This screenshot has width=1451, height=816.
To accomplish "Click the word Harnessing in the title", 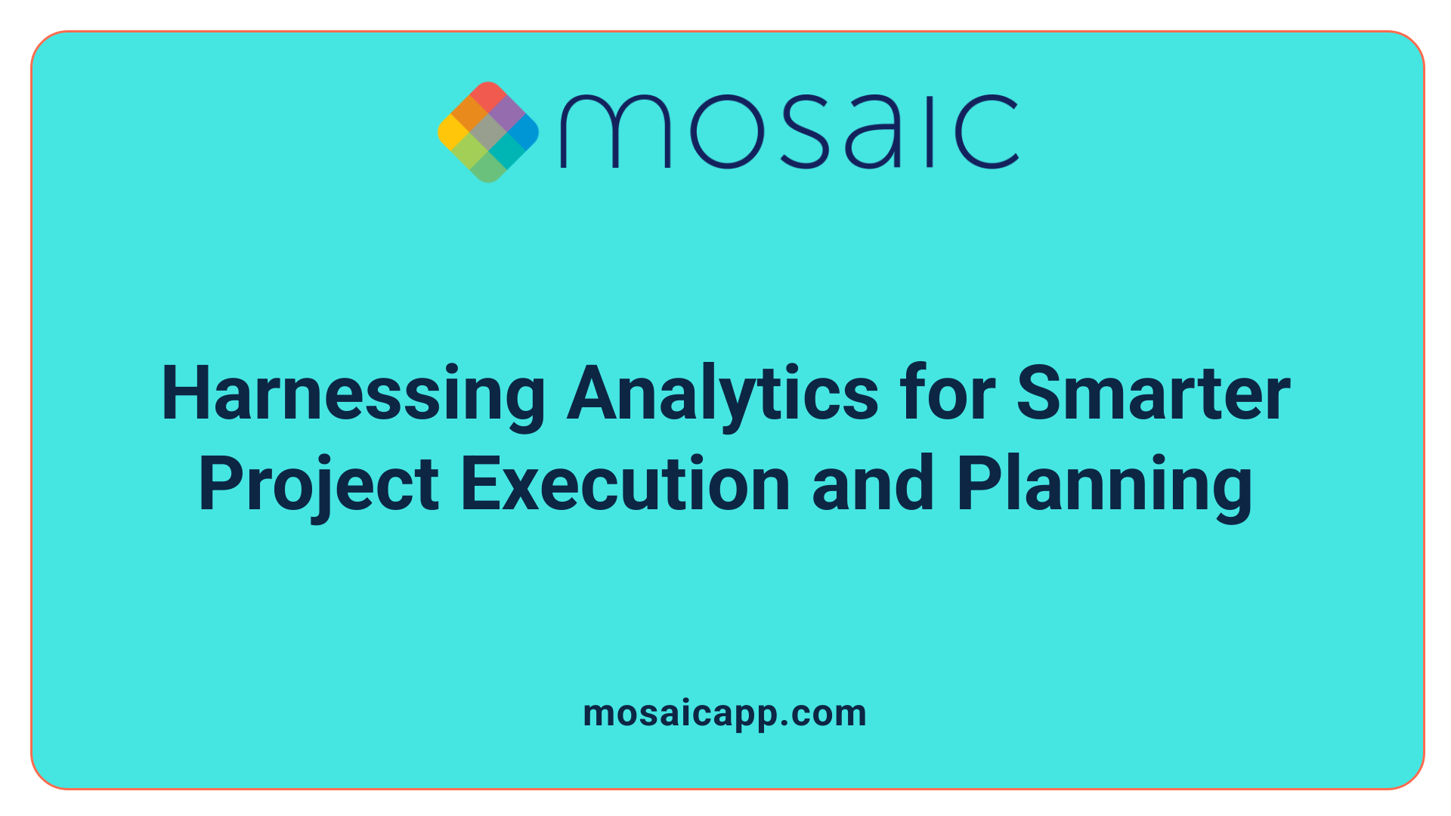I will coord(353,394).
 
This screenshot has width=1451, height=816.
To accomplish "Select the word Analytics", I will coord(722,394).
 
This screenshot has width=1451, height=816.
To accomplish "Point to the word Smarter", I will coord(1153,394).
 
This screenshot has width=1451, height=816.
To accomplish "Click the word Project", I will coord(318,485).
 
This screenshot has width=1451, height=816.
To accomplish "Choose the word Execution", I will coord(625,485).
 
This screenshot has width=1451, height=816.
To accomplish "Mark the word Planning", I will coord(1104,485).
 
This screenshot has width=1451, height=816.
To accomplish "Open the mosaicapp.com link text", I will coord(725,713).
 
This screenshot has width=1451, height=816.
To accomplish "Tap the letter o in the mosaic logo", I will coord(725,131).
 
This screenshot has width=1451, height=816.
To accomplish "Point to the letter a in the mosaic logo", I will coord(874,133).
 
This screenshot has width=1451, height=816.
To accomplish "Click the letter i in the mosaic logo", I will coord(931,131).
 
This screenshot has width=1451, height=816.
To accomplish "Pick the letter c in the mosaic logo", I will coord(985,131).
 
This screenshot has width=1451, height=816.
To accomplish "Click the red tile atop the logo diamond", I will coord(487,96).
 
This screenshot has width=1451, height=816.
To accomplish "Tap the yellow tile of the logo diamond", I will coord(453,132).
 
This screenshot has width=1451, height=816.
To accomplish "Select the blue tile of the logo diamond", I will coord(523,132).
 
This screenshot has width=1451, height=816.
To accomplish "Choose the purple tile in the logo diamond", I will coord(506,114).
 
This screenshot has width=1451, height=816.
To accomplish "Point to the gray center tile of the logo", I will coord(488,132).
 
